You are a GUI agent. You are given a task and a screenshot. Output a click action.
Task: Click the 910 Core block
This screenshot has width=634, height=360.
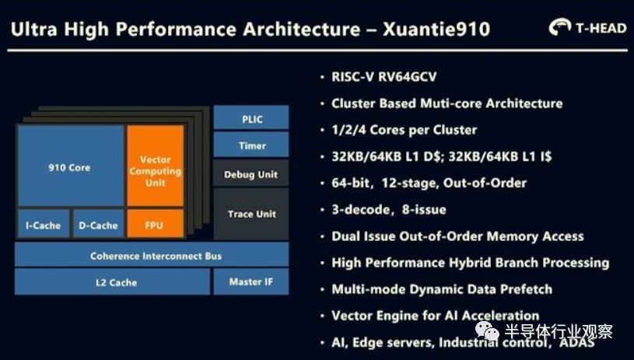coord(70,166)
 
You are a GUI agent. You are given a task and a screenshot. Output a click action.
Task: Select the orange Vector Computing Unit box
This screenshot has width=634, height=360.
coord(155,166)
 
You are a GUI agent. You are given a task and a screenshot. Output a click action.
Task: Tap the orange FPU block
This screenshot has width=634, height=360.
coord(155,225)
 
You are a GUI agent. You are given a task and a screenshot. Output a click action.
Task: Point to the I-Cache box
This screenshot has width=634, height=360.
coord(44,225)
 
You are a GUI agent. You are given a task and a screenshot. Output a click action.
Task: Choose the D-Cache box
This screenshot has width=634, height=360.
coord(98,225)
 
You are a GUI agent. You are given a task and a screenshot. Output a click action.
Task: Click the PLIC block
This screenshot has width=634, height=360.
coord(250,118)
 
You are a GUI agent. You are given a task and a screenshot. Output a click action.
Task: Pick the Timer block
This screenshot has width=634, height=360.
coord(250,145)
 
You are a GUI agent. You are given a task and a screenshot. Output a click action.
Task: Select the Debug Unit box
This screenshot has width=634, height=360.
coord(250,174)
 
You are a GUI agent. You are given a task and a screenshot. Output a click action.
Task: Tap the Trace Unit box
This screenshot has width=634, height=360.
coord(250,213)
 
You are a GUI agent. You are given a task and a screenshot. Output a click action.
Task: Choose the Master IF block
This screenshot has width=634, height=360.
coord(250,281)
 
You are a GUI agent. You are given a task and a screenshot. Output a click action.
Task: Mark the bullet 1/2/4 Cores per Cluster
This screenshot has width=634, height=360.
coord(404,130)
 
